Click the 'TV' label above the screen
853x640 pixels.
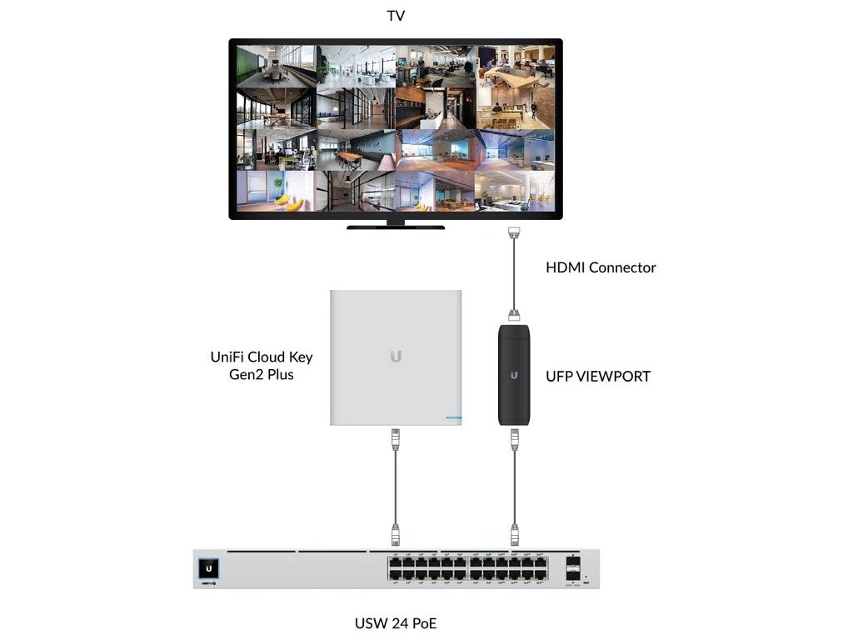tap(396, 16)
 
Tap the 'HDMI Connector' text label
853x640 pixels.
tap(601, 267)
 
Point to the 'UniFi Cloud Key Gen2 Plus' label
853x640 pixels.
tap(261, 365)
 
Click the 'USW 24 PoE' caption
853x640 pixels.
tap(396, 622)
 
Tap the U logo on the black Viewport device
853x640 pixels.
tap(515, 375)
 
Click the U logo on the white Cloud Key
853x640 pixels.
tap(396, 357)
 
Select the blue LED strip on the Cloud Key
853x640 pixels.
tap(452, 416)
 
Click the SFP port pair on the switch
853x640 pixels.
tap(573, 569)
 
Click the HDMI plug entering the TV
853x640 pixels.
tap(515, 232)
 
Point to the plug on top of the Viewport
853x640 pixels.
tap(515, 315)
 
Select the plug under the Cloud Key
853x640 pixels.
tap(396, 435)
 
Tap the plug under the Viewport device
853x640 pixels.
tap(515, 436)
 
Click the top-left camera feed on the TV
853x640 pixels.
tap(276, 66)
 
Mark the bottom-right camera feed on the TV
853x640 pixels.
tap(515, 191)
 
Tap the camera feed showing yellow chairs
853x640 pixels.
tap(276, 191)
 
